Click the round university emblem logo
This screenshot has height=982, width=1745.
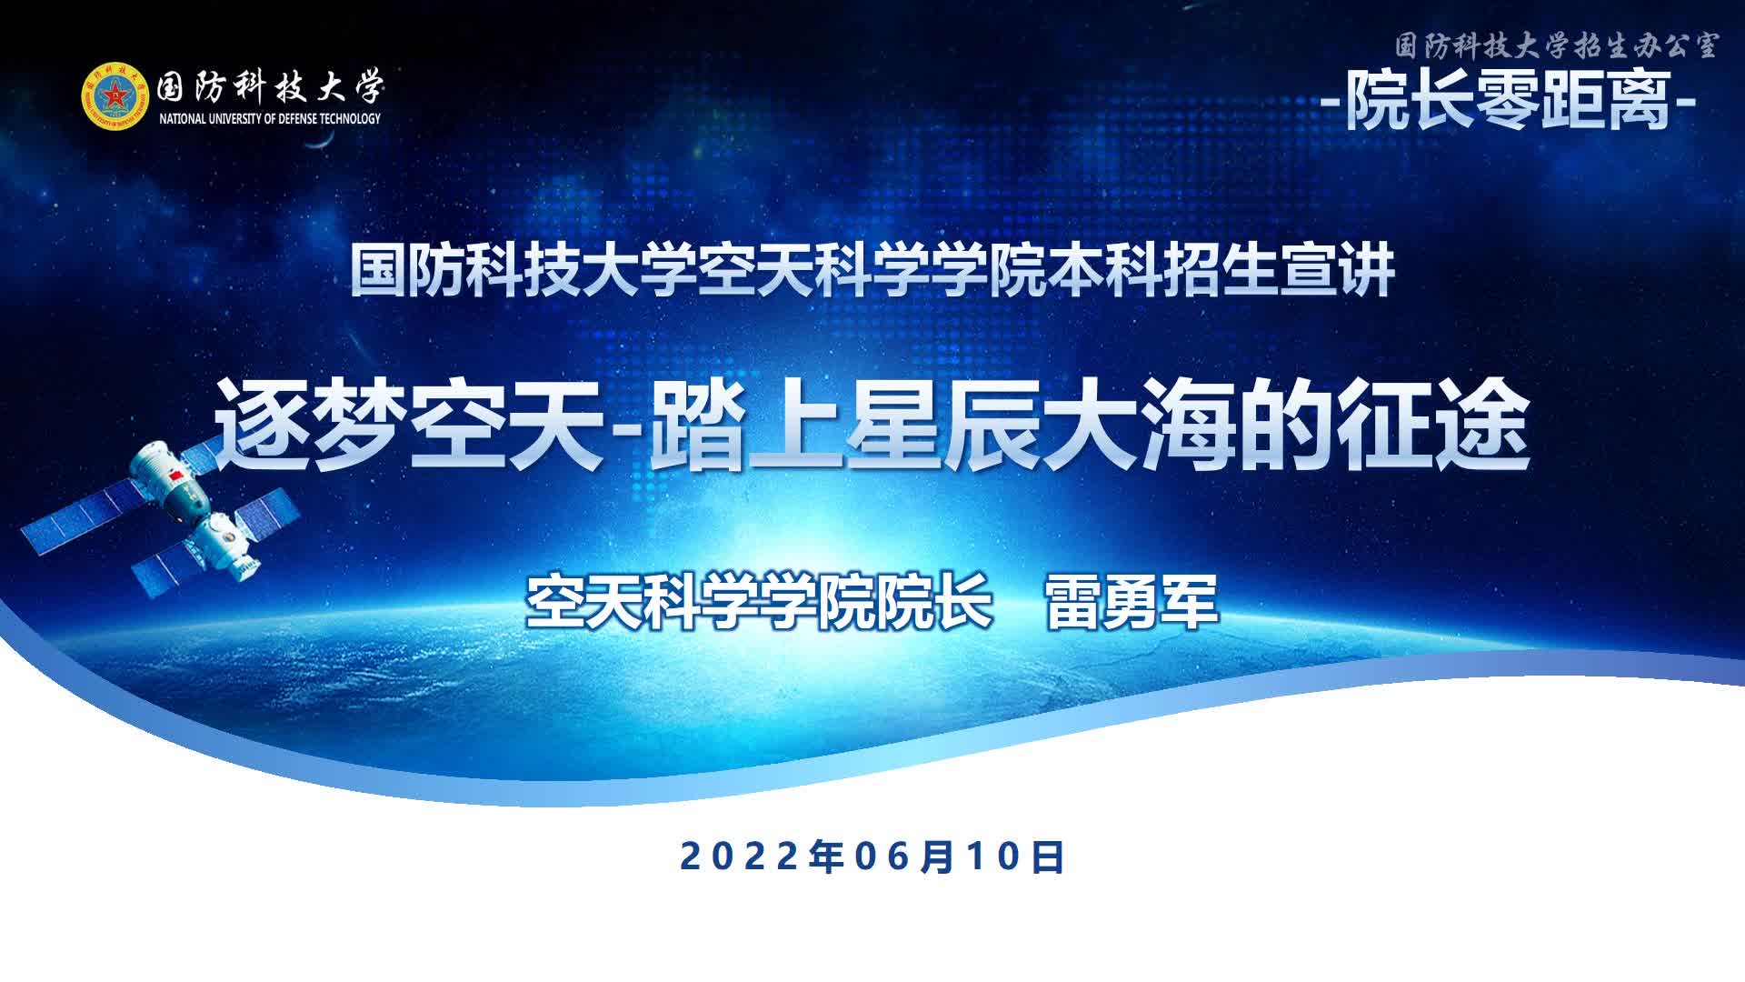pyautogui.click(x=114, y=95)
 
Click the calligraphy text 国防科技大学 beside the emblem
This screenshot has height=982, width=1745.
pyautogui.click(x=270, y=87)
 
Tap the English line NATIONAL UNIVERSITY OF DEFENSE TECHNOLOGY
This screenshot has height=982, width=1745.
pyautogui.click(x=270, y=118)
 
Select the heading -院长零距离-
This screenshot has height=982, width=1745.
pyautogui.click(x=1509, y=99)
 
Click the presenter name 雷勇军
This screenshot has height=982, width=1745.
pyautogui.click(x=1132, y=601)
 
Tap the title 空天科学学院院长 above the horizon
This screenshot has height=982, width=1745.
pyautogui.click(x=760, y=601)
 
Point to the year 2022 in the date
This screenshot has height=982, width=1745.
pyautogui.click(x=741, y=857)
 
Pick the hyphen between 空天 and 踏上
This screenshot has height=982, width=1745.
pyautogui.click(x=627, y=427)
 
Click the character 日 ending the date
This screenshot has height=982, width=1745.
pyautogui.click(x=1049, y=857)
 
